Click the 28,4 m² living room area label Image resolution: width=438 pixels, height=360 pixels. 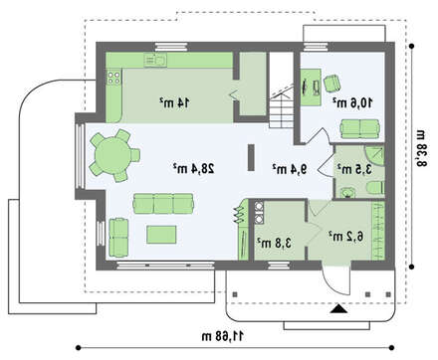(194, 168)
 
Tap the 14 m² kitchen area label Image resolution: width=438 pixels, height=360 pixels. (174, 102)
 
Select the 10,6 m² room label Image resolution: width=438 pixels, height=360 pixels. (352, 102)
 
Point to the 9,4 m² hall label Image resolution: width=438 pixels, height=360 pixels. (290, 169)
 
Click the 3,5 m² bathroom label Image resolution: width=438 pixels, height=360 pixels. (354, 169)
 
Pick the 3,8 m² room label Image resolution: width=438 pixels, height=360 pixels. (275, 243)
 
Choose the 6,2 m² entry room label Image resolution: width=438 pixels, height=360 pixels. (346, 236)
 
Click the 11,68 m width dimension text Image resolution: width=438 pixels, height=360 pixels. (222, 336)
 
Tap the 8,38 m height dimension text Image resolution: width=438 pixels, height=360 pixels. (420, 149)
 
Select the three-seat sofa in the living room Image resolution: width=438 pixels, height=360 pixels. (163, 203)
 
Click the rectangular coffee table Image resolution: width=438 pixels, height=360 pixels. (161, 234)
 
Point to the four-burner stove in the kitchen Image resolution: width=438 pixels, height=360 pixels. (113, 78)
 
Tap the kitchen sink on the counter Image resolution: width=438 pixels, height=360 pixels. (155, 60)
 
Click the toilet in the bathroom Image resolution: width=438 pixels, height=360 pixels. (376, 187)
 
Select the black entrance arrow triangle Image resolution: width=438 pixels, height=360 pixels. (338, 309)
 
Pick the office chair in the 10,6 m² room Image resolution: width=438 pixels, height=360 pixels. (332, 84)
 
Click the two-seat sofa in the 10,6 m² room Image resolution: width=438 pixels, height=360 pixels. (359, 128)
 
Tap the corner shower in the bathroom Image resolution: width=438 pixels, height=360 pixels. (375, 155)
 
